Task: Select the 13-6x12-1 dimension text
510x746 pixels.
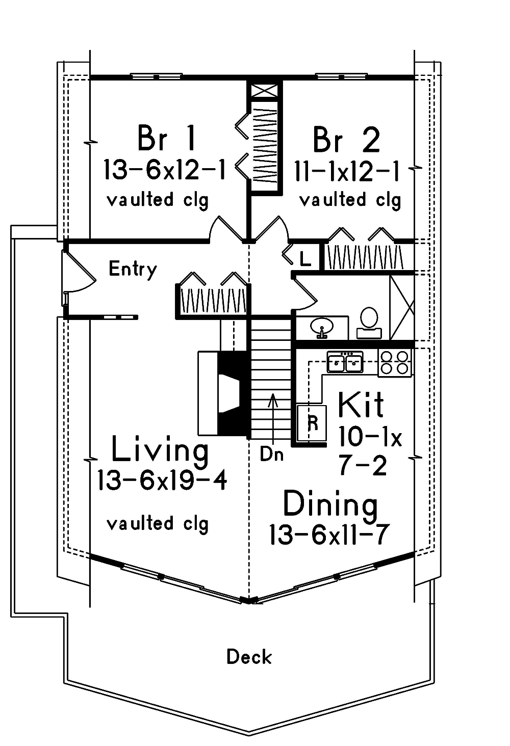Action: click(164, 170)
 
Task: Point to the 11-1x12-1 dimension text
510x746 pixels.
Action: click(347, 171)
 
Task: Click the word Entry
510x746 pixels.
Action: click(133, 269)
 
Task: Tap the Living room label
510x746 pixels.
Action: click(160, 450)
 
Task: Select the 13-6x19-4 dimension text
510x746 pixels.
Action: click(162, 480)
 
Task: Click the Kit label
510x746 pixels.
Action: click(361, 405)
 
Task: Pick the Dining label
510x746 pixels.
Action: click(330, 504)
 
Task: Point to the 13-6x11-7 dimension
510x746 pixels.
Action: click(329, 535)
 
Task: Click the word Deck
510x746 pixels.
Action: click(249, 657)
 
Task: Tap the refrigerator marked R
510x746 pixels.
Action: click(313, 423)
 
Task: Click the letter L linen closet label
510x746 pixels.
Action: click(304, 259)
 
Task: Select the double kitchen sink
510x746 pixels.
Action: click(345, 363)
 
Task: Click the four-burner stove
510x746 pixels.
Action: click(395, 363)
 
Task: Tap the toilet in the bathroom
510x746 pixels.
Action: click(369, 322)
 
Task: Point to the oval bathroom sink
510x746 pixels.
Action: click(322, 326)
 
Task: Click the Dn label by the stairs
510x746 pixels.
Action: click(271, 454)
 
